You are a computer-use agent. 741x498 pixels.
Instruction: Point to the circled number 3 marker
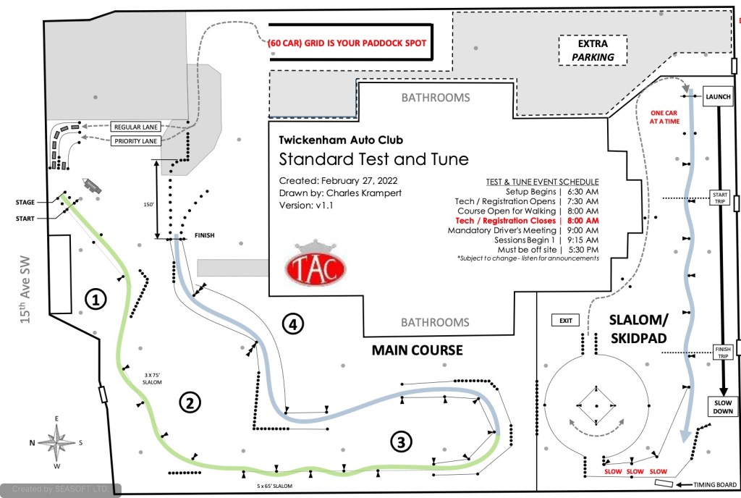(402, 440)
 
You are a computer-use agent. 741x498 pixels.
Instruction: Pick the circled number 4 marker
(292, 325)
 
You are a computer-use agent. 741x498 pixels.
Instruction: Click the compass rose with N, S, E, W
(56, 439)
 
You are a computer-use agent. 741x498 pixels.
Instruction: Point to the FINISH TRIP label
(722, 352)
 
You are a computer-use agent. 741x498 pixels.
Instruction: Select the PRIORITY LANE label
(135, 141)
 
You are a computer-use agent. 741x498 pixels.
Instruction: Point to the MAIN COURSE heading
(417, 350)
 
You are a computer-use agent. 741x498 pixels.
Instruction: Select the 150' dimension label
(148, 206)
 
